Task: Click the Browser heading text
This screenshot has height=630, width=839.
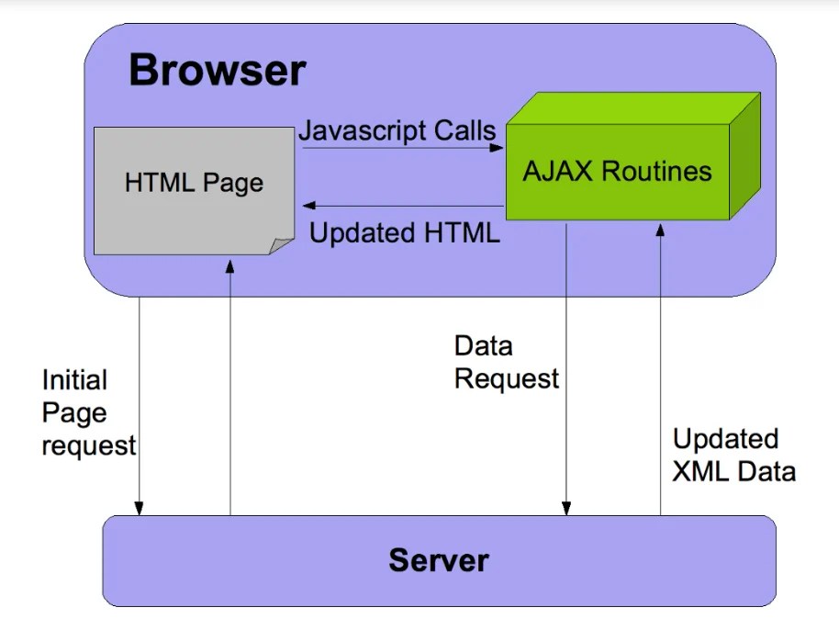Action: [x=217, y=71]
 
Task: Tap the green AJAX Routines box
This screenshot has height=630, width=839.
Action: [x=617, y=172]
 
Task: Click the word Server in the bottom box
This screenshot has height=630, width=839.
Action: [x=439, y=559]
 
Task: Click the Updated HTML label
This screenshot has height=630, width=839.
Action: [x=404, y=233]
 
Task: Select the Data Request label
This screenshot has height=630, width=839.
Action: [x=506, y=363]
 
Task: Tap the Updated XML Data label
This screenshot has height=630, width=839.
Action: [x=733, y=455]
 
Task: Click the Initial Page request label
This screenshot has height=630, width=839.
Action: [x=88, y=412]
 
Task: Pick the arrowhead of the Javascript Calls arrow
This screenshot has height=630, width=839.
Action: [x=498, y=147]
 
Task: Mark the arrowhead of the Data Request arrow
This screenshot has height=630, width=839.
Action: [x=567, y=508]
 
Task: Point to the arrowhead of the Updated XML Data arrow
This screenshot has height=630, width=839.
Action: [x=660, y=230]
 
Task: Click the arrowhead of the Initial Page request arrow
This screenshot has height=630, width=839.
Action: [x=140, y=508]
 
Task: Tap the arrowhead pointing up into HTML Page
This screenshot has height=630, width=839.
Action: [x=229, y=263]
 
